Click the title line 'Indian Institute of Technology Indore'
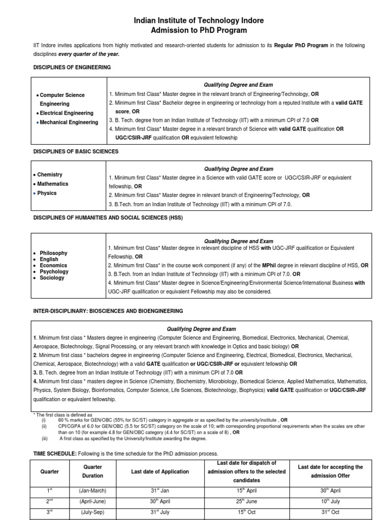pos(199,20)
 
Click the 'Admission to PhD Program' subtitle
pos(199,30)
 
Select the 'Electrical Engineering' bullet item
pos(67,113)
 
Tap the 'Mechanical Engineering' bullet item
pos(69,122)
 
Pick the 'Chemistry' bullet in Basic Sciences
pos(50,175)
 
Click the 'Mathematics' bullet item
pos(53,184)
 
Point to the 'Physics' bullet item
pos(47,193)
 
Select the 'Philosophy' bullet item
pos(53,253)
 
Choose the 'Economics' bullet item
pos(53,265)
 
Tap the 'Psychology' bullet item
pos(54,272)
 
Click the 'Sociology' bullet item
pos(52,278)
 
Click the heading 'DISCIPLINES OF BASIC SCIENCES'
pos(76,151)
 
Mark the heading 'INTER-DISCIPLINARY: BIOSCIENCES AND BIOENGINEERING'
pos(108,311)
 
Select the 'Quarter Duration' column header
pos(93,471)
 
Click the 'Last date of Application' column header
pos(160,472)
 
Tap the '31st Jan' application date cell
pos(160,491)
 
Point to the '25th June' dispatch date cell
pos(246,500)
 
